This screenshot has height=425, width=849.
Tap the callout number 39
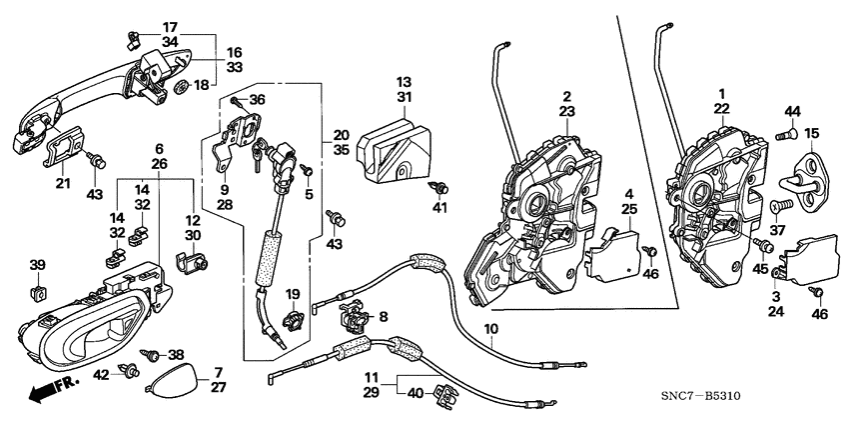point(38,265)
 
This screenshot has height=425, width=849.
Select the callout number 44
point(791,111)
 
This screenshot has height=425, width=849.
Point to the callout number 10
point(489,329)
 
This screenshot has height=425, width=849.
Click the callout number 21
point(62,183)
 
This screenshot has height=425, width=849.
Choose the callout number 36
point(257,100)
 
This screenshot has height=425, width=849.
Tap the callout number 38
point(176,354)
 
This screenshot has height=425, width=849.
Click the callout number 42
point(100,375)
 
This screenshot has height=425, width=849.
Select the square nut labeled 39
point(38,291)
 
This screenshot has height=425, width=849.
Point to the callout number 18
point(202,86)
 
